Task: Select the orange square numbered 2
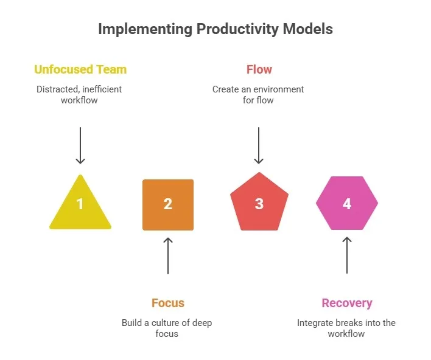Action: pos(168,204)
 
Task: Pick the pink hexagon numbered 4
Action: pos(347,203)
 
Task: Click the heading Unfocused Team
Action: pos(80,69)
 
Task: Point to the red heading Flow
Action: pos(259,69)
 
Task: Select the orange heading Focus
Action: pos(167,303)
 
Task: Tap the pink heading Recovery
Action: pos(346,303)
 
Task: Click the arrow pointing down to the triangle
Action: pos(80,145)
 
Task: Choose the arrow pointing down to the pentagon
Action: pos(259,145)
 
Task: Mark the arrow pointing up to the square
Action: pos(168,255)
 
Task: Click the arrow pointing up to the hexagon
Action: pos(347,255)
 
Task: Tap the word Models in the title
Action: pos(310,29)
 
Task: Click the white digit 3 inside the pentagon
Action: pos(259,204)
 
